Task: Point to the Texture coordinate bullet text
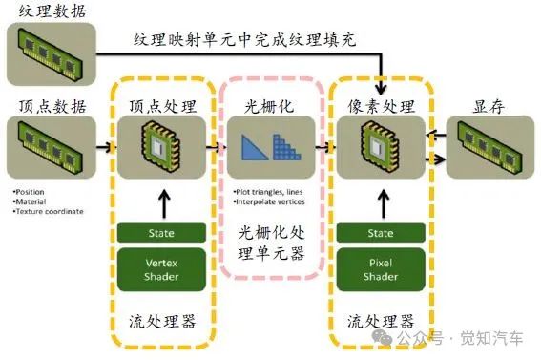(51, 211)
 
